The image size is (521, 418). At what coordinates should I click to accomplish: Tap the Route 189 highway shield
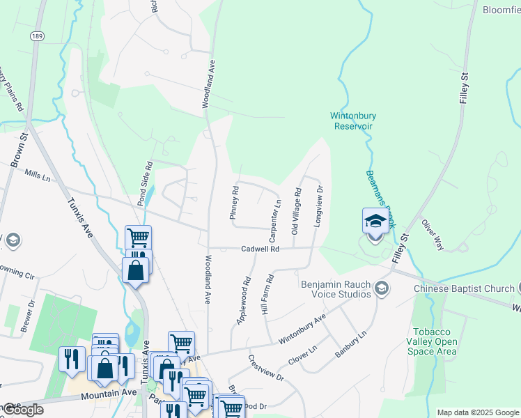[x=36, y=36]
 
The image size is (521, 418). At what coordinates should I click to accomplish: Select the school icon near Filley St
[x=375, y=222]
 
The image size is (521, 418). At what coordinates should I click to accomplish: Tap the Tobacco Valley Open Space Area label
[x=435, y=341]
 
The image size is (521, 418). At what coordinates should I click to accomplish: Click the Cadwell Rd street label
[x=260, y=249]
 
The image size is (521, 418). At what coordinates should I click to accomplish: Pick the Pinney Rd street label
[x=235, y=202]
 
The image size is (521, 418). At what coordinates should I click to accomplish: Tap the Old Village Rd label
[x=296, y=210]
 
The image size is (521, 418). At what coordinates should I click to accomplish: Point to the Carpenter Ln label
[x=277, y=217]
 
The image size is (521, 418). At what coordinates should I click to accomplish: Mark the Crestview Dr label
[x=266, y=367]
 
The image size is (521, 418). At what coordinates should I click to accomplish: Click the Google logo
[x=22, y=410]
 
